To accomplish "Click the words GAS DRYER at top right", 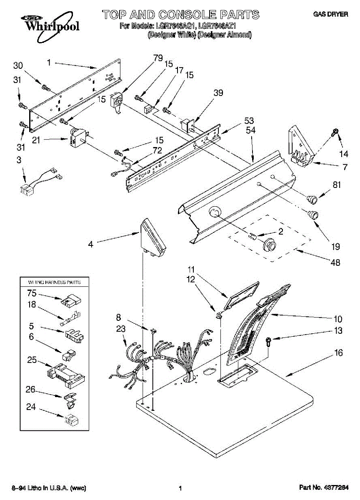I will click(x=330, y=15).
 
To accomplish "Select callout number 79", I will click(x=158, y=58).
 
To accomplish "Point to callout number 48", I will click(x=335, y=262).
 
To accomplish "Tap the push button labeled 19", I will click(x=312, y=215).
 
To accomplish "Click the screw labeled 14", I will click(x=335, y=133).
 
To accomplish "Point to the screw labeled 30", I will click(x=45, y=87).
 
